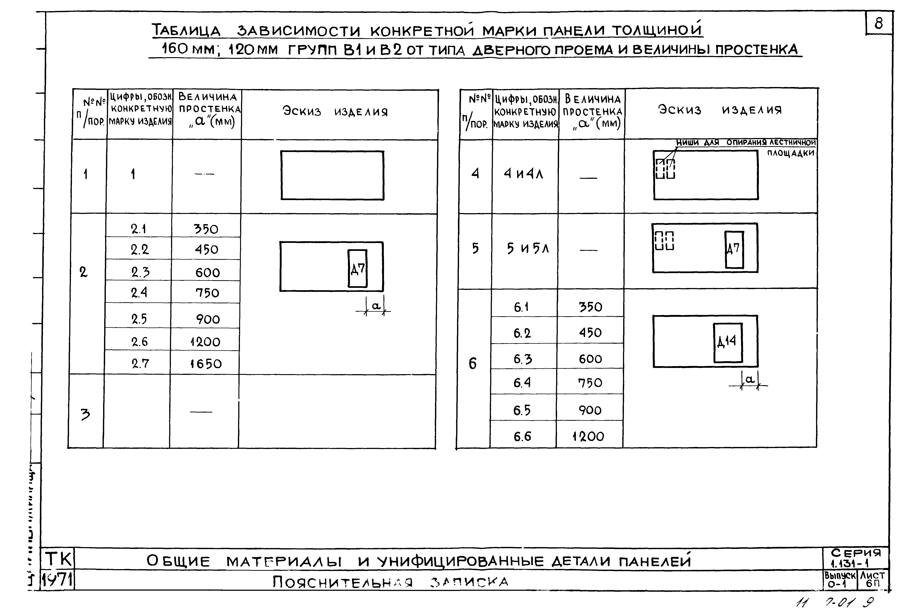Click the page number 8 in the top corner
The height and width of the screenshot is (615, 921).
tap(879, 23)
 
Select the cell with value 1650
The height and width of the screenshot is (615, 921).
tap(206, 364)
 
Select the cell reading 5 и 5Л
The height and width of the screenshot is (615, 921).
tap(528, 248)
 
